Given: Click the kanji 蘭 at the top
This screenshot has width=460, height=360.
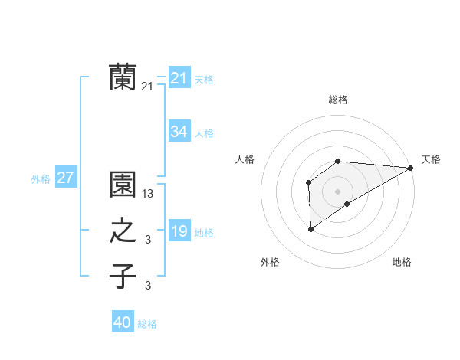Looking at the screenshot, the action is pos(123,77).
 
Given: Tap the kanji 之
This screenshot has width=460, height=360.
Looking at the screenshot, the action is pos(123,231).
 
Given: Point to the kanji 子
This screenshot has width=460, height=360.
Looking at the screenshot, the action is pos(123,276).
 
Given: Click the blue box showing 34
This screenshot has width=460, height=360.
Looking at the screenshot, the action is pos(179,132).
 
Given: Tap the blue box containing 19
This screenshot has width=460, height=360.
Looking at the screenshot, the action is pos(179,231).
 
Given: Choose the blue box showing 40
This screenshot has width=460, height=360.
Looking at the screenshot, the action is pos(123,322).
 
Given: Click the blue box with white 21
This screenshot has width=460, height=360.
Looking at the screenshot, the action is pos(179,77).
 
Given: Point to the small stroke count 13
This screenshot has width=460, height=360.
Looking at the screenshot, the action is pos(148,195).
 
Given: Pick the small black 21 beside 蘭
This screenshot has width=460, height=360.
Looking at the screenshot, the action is pos(147,87).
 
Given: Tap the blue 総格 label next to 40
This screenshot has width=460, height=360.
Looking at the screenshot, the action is pos(147,324).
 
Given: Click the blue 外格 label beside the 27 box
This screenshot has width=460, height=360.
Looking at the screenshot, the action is pos(41,179).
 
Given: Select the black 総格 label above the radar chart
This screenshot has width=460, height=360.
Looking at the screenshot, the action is pos(338,100).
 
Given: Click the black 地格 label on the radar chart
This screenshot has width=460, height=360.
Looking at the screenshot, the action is pos(402,263).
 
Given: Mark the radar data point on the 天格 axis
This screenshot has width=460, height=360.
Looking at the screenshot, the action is pos(411,168).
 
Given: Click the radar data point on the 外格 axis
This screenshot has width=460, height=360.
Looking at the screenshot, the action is pos(310,228).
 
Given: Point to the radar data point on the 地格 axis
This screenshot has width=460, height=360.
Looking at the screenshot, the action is pos(347,204).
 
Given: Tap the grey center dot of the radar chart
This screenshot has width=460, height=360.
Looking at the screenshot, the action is pos(337,190).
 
